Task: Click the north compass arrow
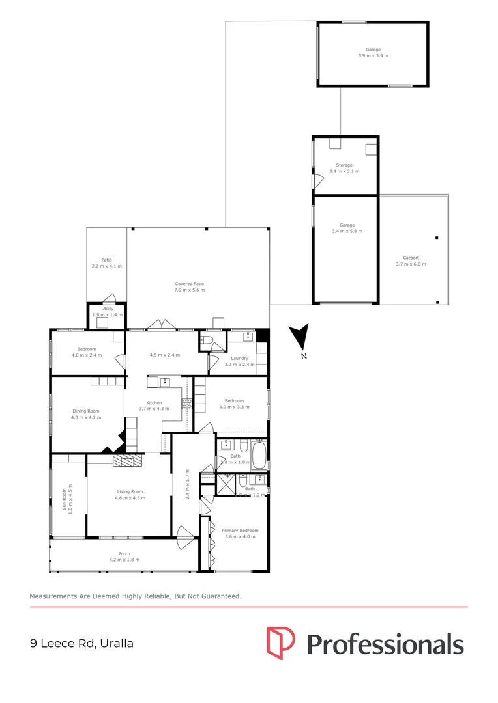pos(300,337)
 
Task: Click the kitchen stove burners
pos(186,404)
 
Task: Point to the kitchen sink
pos(165,381)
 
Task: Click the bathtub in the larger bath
pos(259,454)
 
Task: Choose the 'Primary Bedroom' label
pos(240,530)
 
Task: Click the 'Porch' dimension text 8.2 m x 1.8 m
pos(124,560)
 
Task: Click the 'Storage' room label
pos(344,165)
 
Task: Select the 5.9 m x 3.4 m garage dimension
pos(373,56)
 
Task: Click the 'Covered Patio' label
pos(189,284)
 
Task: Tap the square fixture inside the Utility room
pos(102,321)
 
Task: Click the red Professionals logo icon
pos(281,642)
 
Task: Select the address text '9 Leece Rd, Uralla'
pos(81,643)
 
